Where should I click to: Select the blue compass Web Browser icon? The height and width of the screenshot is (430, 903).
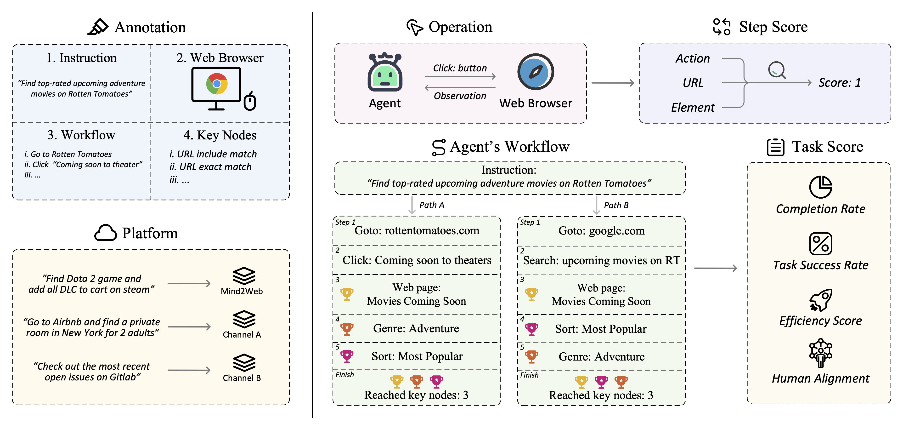[x=536, y=72]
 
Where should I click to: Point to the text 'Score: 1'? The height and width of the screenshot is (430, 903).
[x=840, y=83]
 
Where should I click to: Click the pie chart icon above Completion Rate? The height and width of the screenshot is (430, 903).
[x=821, y=187]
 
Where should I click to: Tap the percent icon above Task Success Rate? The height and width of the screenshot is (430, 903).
[x=821, y=243]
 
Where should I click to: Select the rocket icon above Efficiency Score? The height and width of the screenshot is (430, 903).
[x=821, y=300]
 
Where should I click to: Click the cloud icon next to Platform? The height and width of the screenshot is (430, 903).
[x=106, y=233]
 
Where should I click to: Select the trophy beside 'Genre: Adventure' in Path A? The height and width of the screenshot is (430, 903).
[x=347, y=329]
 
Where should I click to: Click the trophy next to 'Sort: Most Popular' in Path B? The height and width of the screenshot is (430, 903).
[x=532, y=329]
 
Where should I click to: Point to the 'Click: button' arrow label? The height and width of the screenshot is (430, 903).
[x=460, y=68]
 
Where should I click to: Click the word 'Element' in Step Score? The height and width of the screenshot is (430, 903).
[x=693, y=107]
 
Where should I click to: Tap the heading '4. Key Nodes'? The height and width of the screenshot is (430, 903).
[x=220, y=135]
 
